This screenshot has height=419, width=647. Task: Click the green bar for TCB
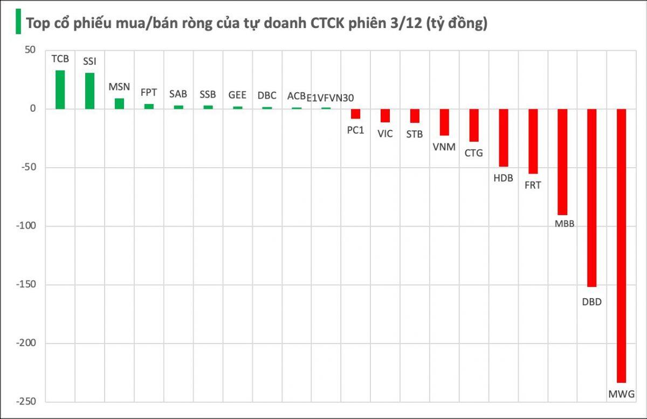(60, 90)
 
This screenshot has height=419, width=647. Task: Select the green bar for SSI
(90, 91)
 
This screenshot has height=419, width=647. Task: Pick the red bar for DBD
(591, 197)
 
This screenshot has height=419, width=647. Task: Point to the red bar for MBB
(562, 162)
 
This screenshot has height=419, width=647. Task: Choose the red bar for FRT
(533, 141)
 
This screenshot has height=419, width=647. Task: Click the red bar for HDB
(503, 138)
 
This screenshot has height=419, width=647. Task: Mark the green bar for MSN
(119, 104)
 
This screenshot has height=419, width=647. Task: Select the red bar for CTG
(473, 125)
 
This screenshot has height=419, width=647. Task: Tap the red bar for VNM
(444, 122)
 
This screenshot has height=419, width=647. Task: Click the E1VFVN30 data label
(330, 98)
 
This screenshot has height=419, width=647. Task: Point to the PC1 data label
(355, 130)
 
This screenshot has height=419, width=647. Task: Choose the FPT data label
(149, 92)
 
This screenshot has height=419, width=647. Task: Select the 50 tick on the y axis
(30, 50)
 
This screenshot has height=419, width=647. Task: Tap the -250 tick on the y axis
(26, 402)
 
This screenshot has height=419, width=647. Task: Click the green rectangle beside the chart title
(18, 22)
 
